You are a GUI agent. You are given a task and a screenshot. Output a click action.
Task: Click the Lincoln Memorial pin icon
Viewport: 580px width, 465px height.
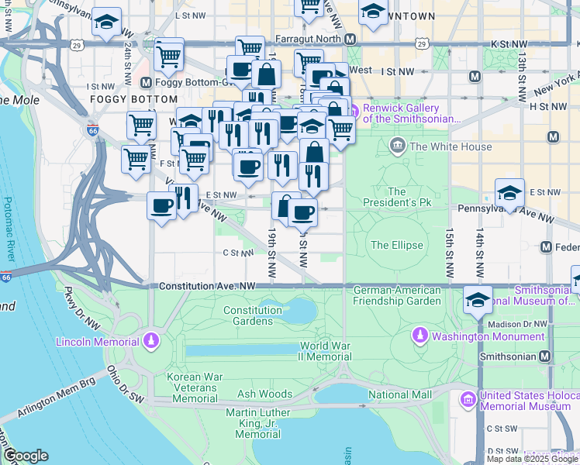point(151,341)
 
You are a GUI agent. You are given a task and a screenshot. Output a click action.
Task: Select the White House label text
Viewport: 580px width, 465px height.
point(451,146)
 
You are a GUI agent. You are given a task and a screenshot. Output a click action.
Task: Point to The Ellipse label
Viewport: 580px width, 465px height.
point(397,245)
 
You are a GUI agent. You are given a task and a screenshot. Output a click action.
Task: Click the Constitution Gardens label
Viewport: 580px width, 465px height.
point(253,315)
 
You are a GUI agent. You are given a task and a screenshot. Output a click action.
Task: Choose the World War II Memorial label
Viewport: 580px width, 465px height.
point(326,351)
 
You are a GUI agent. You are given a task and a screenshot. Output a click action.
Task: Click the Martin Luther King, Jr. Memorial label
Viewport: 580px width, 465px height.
point(257,424)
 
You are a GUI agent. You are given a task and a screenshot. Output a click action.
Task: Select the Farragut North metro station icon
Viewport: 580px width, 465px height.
point(350,39)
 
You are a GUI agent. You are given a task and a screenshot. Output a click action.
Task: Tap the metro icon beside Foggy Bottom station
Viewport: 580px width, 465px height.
point(145,82)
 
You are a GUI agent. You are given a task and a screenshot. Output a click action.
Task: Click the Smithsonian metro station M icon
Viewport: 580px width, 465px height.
point(545,356)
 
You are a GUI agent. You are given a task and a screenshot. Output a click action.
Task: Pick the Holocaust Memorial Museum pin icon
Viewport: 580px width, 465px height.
point(468,400)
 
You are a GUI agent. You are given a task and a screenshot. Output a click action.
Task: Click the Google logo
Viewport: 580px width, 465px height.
point(26,455)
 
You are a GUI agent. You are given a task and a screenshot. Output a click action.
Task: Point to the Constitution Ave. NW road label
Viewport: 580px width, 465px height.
point(207,287)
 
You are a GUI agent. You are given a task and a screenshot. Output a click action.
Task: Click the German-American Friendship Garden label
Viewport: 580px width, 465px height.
point(397,295)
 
